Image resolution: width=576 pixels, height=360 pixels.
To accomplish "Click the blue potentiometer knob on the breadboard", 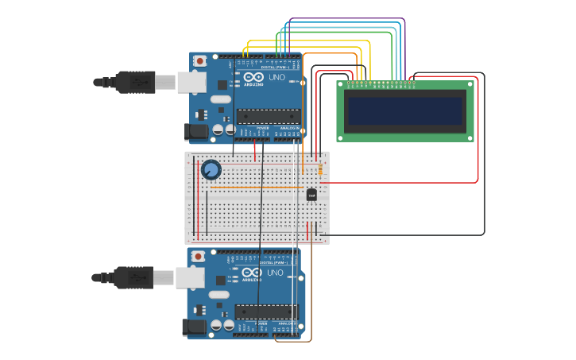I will [x=211, y=170].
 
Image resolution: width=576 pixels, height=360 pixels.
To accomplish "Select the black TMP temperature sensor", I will [x=311, y=195].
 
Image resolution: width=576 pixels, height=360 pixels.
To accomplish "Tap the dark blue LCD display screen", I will [x=405, y=110].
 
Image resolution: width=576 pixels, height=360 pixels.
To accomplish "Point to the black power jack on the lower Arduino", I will [x=192, y=327].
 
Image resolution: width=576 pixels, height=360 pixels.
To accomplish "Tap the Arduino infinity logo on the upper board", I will [x=252, y=76].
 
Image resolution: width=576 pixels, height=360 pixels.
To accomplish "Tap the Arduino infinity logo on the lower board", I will [x=250, y=272].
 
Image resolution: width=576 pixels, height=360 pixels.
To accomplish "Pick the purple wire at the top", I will [x=346, y=18].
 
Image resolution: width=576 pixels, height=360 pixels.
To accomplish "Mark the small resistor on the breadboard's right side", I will [x=320, y=168].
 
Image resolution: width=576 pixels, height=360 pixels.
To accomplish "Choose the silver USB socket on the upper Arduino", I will [x=191, y=81].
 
